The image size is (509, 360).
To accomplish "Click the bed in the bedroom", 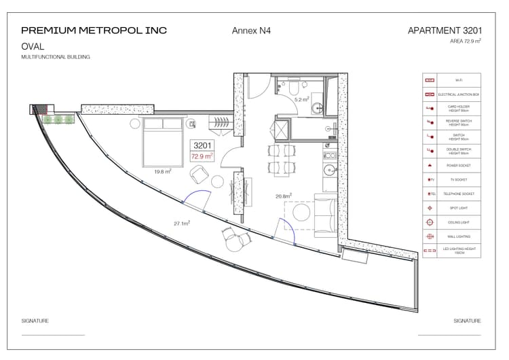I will tap(163, 141).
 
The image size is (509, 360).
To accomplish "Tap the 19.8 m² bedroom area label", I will tap(162, 172).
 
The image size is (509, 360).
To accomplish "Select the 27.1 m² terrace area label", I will tap(181, 223).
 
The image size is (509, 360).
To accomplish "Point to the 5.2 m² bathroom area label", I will tap(301, 100).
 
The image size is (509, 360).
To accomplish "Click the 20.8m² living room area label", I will tap(283, 196).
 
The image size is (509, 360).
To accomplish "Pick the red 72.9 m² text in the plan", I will tap(202, 156).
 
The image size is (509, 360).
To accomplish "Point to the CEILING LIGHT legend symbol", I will tap(429, 222).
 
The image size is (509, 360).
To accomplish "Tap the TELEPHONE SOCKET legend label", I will tap(458, 194).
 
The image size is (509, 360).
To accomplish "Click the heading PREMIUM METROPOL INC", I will tap(94, 30).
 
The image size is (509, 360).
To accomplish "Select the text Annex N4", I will tap(251, 31).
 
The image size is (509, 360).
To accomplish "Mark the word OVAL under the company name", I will tap(33, 46).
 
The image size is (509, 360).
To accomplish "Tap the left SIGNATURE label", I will tap(35, 321).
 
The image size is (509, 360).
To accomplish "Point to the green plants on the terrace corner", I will tap(58, 120).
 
